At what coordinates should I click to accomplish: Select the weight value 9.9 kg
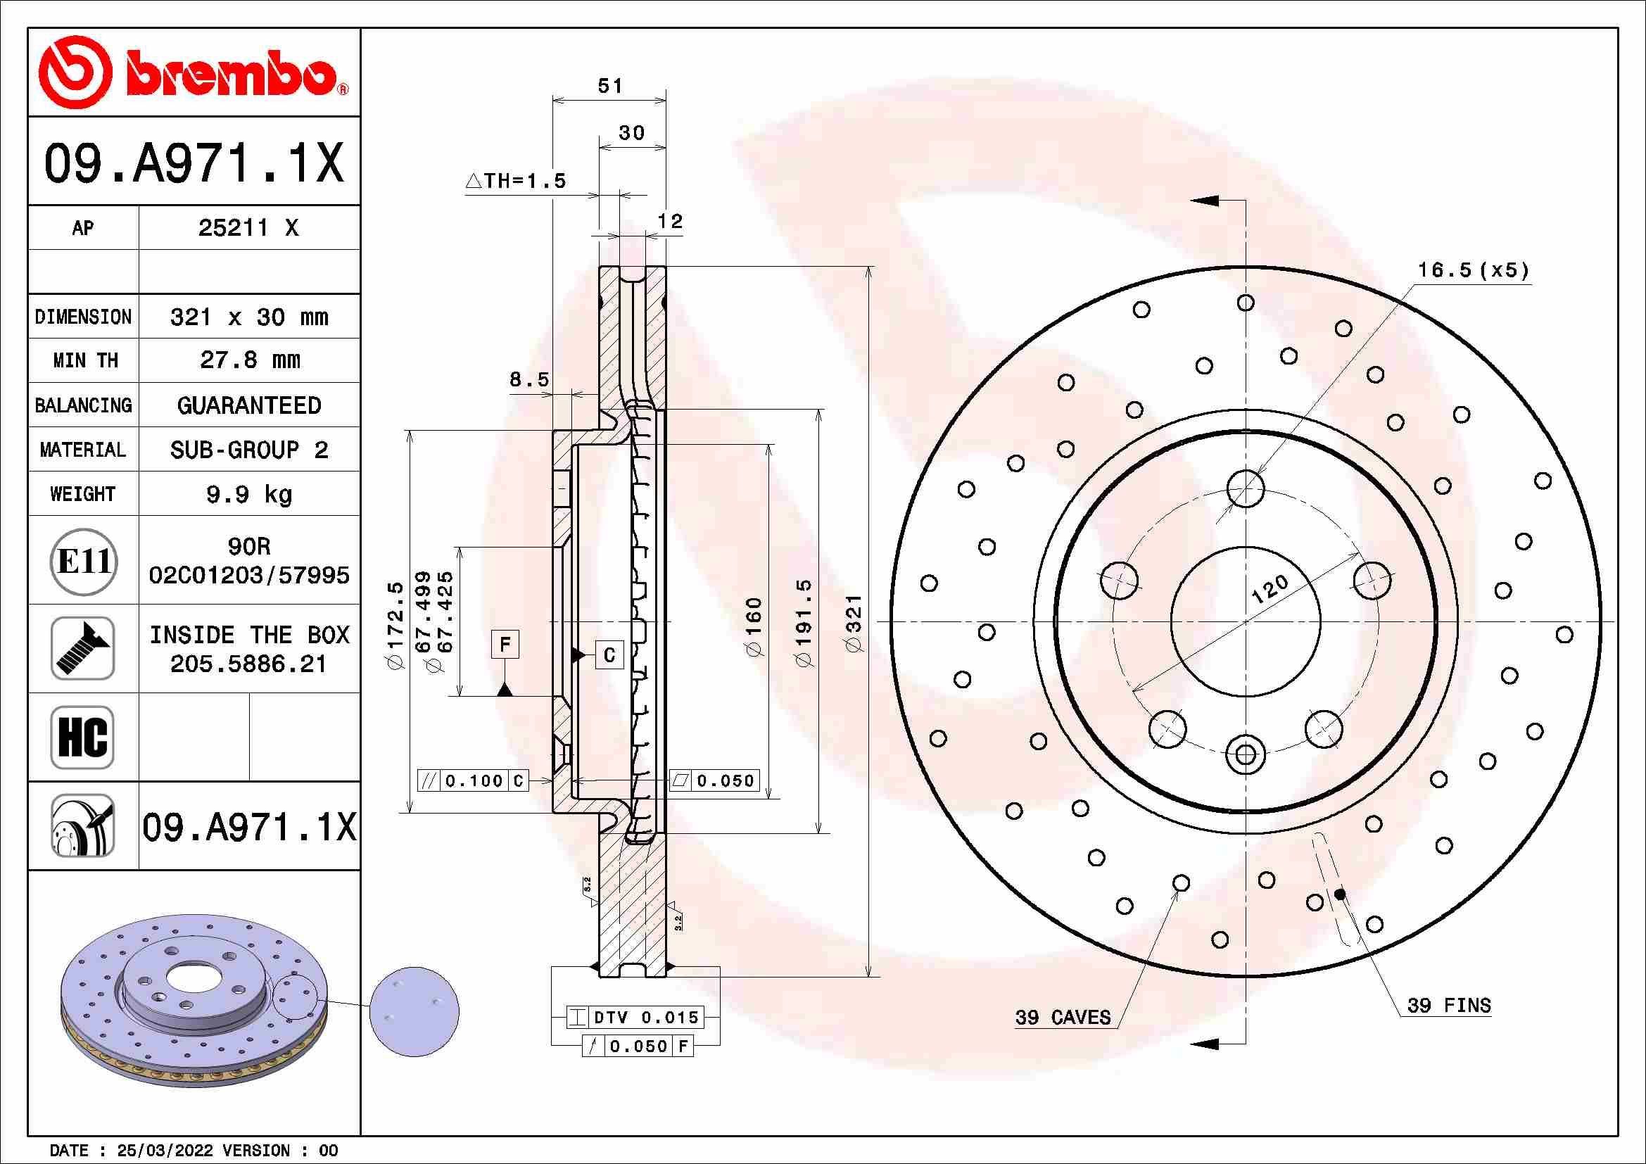pyautogui.click(x=248, y=494)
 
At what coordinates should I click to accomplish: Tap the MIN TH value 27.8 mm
pyautogui.click(x=248, y=360)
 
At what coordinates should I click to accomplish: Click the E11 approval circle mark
pyautogui.click(x=83, y=561)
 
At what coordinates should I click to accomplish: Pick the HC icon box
pyautogui.click(x=82, y=737)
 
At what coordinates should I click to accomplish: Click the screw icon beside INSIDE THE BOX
pyautogui.click(x=82, y=648)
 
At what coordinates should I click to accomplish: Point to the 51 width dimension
pyautogui.click(x=610, y=87)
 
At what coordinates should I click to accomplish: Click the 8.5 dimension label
pyautogui.click(x=529, y=380)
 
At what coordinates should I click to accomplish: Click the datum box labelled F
pyautogui.click(x=505, y=645)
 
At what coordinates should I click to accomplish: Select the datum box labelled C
pyautogui.click(x=609, y=654)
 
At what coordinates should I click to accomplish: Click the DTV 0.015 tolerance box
pyautogui.click(x=635, y=1016)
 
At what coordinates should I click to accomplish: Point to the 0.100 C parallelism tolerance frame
pyautogui.click(x=473, y=780)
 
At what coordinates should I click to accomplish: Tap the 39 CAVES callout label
pyautogui.click(x=1063, y=1017)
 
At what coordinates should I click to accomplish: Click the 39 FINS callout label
pyautogui.click(x=1448, y=1006)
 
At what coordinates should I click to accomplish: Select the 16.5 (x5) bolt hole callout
pyautogui.click(x=1473, y=270)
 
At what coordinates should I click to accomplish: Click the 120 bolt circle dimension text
pyautogui.click(x=1270, y=589)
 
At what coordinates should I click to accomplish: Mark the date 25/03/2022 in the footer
pyautogui.click(x=165, y=1151)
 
